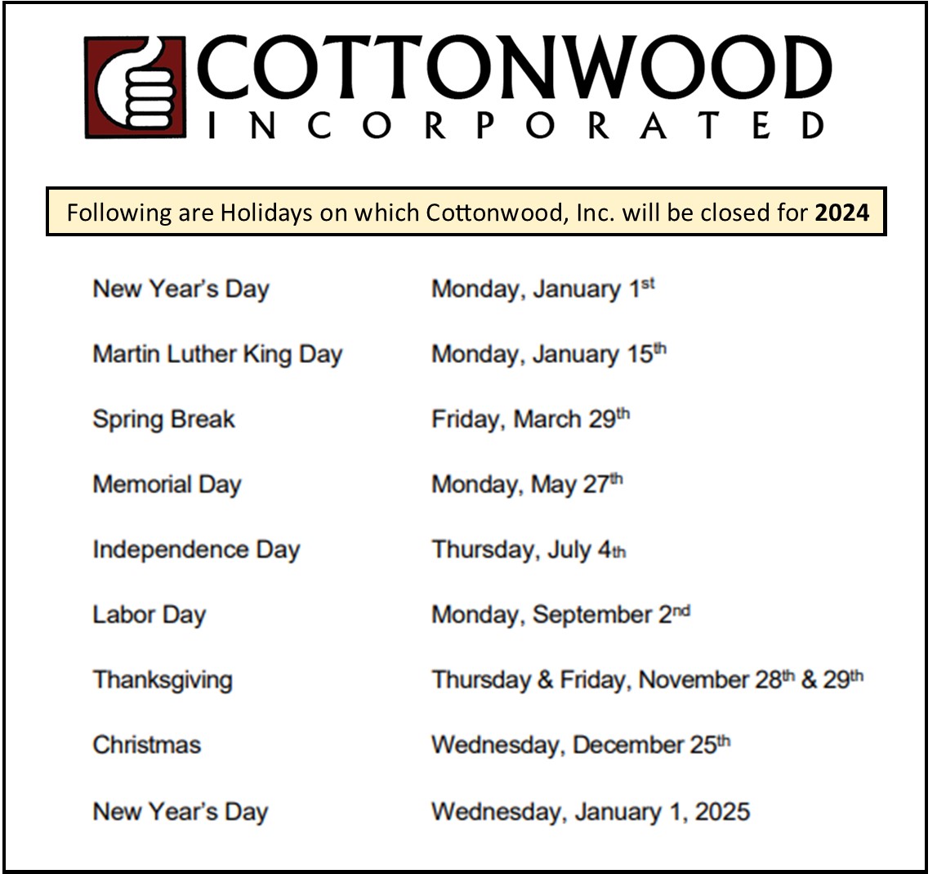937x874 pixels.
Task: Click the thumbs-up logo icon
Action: [x=135, y=87]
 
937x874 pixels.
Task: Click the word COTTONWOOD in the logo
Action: [x=515, y=66]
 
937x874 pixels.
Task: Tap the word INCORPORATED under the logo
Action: [x=516, y=126]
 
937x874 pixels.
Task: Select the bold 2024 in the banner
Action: [x=842, y=213]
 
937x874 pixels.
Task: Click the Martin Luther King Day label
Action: [x=217, y=354]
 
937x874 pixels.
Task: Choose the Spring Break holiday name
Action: [x=163, y=419]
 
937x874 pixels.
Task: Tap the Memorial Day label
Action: [x=167, y=484]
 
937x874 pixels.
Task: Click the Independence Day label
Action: [x=196, y=549]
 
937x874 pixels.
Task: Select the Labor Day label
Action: [x=149, y=614]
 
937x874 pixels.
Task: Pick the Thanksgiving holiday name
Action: [x=163, y=680]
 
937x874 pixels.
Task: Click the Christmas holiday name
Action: [x=147, y=745]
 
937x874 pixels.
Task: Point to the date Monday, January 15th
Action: [x=549, y=353]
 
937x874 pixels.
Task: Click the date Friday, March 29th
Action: [x=531, y=419]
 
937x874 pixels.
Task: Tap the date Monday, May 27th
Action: [x=527, y=484]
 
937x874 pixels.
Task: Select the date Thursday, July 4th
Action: [x=529, y=549]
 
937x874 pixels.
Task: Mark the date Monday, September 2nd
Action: [x=560, y=614]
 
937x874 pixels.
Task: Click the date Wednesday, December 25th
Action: [x=581, y=745]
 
